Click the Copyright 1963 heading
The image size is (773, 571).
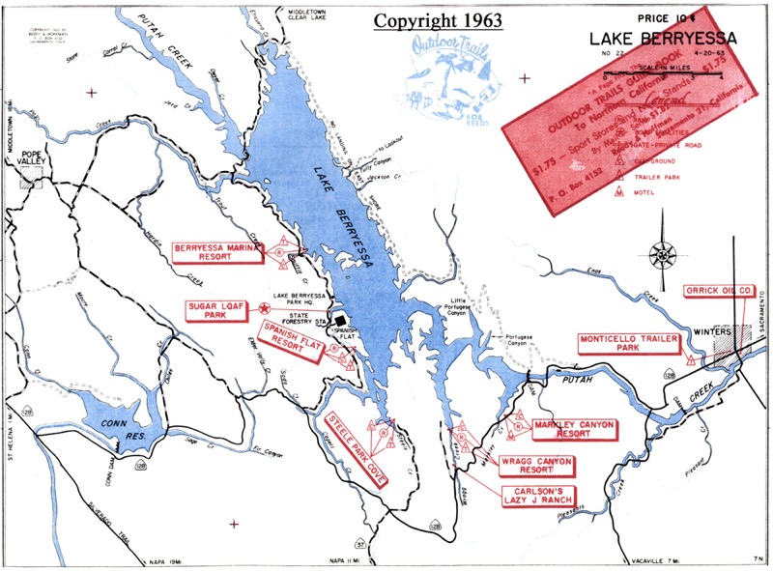click(430, 20)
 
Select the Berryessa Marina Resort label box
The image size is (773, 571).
click(217, 252)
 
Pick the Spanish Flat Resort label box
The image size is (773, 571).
click(291, 342)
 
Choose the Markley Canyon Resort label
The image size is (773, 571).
click(574, 428)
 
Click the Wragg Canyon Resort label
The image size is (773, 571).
click(536, 467)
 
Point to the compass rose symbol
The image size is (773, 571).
click(663, 255)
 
